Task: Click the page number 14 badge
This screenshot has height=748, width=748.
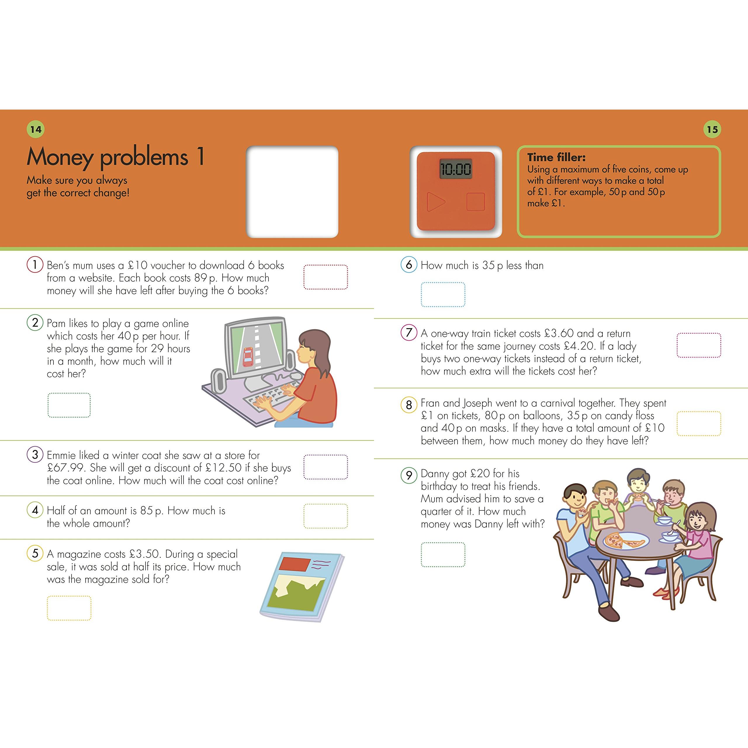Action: [36, 129]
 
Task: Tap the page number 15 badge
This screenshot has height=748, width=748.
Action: [712, 129]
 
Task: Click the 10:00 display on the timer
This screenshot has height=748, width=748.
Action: [456, 169]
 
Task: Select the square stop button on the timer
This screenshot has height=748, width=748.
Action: [475, 202]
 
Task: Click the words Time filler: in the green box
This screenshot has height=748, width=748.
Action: [556, 157]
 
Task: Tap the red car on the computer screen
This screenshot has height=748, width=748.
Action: [248, 356]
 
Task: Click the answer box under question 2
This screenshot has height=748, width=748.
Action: [69, 405]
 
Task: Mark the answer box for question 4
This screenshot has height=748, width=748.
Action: [325, 516]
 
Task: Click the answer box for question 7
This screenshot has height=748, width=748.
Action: [699, 345]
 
